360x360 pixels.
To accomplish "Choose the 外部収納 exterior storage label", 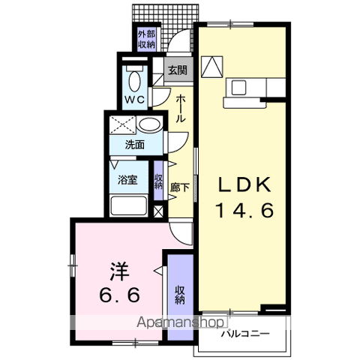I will (145, 39).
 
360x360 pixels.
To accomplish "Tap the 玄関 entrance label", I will (177, 71).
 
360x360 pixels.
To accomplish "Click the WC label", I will (135, 99).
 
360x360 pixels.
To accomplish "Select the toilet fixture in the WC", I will (135, 76).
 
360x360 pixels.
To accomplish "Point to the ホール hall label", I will (181, 109).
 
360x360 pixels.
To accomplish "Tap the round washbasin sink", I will (150, 126).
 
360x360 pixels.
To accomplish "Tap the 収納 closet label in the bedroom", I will (180, 294).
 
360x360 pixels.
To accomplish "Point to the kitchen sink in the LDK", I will (239, 87).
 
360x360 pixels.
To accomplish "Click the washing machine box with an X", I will (121, 125).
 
